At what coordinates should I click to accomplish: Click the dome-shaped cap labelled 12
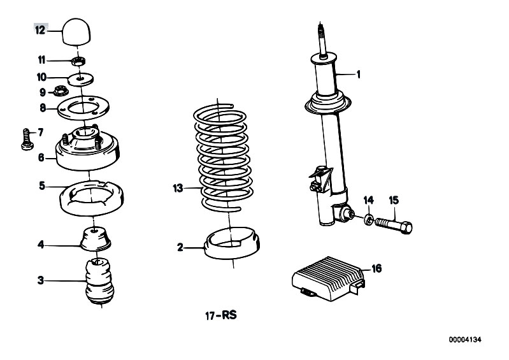pyautogui.click(x=78, y=31)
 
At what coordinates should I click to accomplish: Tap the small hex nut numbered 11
pyautogui.click(x=78, y=61)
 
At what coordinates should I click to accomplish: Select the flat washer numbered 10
pyautogui.click(x=80, y=79)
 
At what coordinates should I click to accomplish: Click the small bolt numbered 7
pyautogui.click(x=27, y=139)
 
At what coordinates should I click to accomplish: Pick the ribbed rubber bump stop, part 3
pyautogui.click(x=99, y=280)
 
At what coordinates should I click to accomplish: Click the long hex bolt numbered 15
pyautogui.click(x=394, y=224)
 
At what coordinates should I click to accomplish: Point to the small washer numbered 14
pyautogui.click(x=369, y=219)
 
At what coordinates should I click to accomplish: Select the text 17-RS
pyautogui.click(x=221, y=315)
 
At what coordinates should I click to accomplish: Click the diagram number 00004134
pyautogui.click(x=465, y=340)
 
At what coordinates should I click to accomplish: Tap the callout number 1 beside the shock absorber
pyautogui.click(x=359, y=75)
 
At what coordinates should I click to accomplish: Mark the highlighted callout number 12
pyautogui.click(x=40, y=31)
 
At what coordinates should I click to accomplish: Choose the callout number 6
pyautogui.click(x=41, y=157)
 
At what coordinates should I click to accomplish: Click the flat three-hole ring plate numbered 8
pyautogui.click(x=83, y=108)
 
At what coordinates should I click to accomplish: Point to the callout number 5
pyautogui.click(x=42, y=186)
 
